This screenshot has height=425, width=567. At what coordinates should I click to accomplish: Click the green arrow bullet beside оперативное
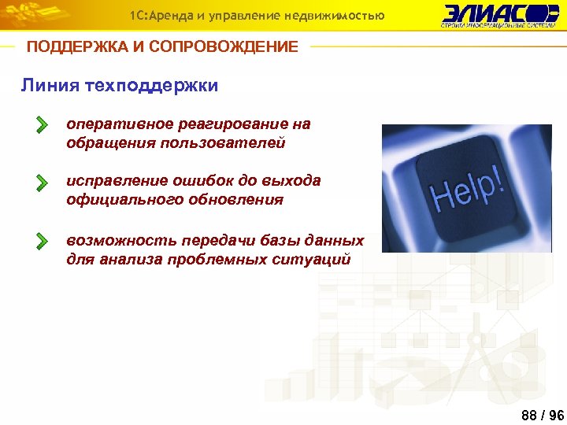[x=42, y=125]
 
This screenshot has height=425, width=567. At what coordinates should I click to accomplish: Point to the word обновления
[x=235, y=200]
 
